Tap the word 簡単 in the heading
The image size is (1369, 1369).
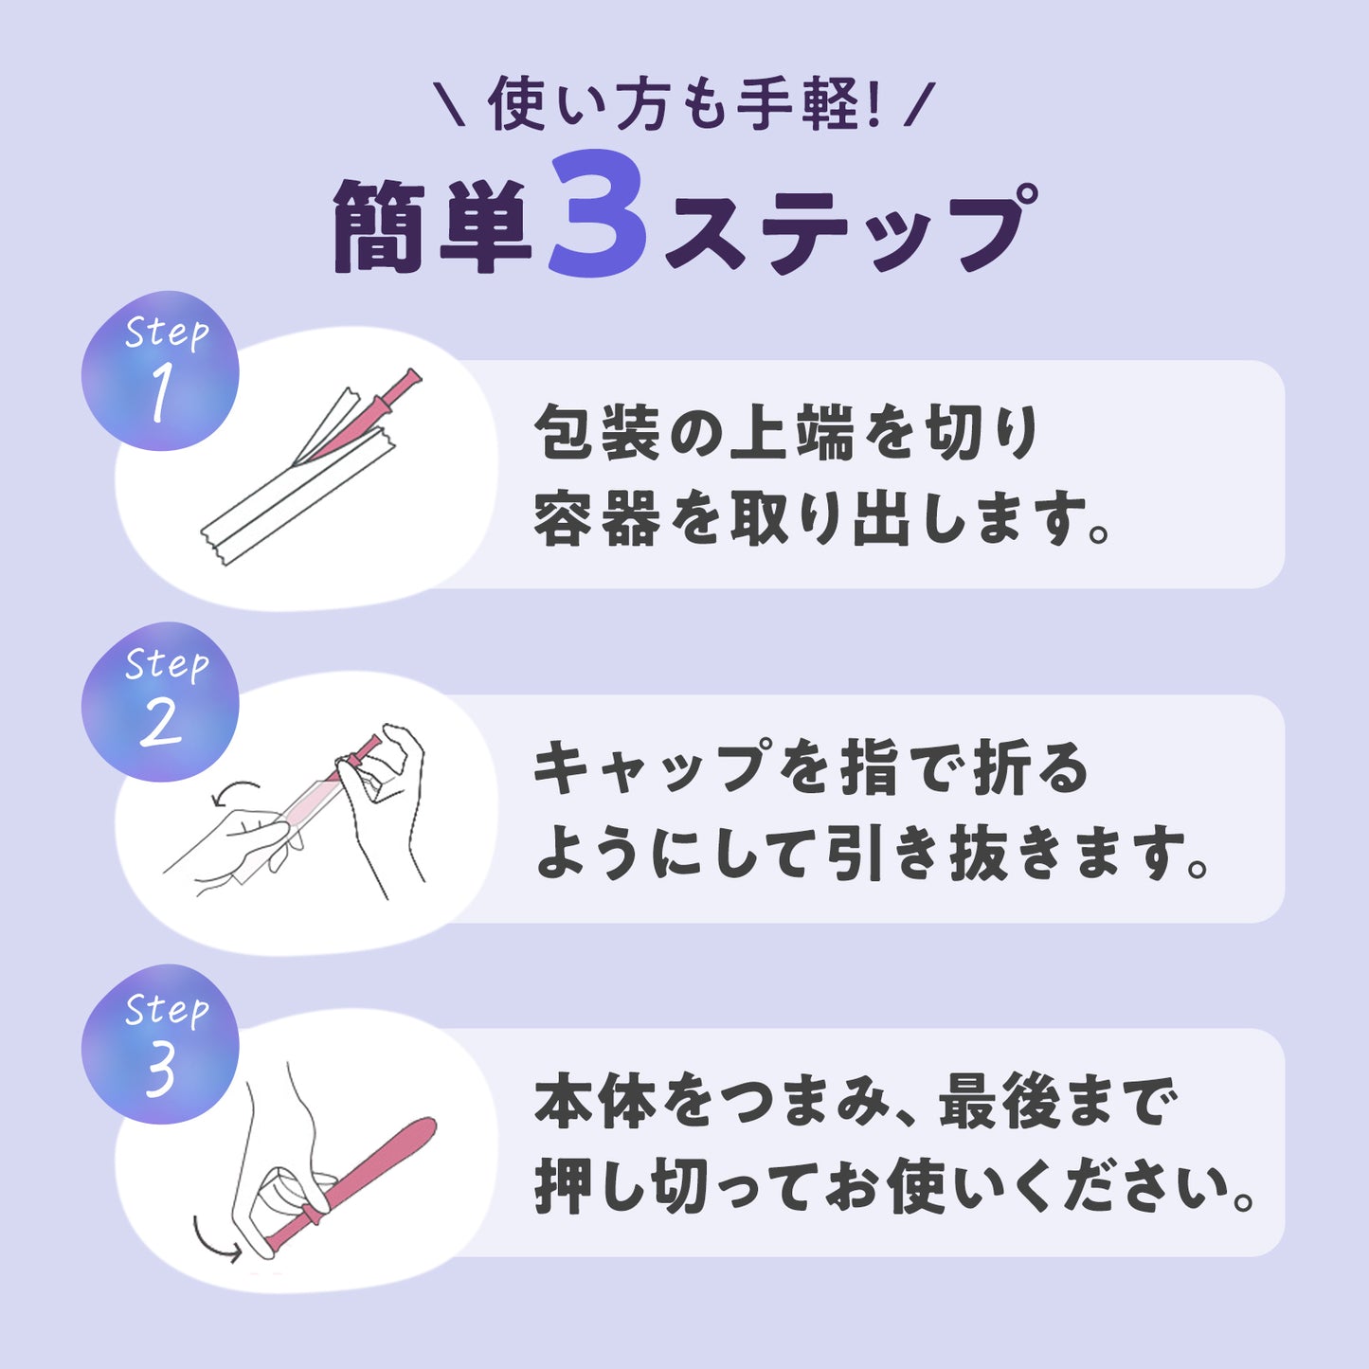pyautogui.click(x=433, y=225)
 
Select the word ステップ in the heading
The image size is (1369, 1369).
pyautogui.click(x=850, y=227)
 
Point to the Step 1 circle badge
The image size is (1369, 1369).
pyautogui.click(x=160, y=370)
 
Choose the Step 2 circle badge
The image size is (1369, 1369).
pyautogui.click(x=160, y=702)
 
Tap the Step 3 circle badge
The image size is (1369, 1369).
pyautogui.click(x=160, y=1044)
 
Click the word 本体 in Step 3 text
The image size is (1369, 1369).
pyautogui.click(x=595, y=1103)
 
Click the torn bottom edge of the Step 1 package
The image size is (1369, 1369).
pyautogui.click(x=214, y=545)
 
